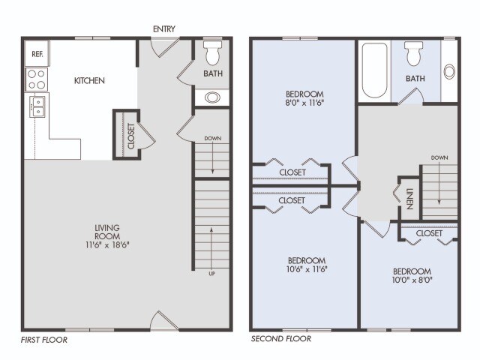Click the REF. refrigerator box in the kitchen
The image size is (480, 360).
pos(35,53)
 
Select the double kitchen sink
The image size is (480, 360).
pos(37,106)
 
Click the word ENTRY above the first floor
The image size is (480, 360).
pos(164,29)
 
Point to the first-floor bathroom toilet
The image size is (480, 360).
pos(211,53)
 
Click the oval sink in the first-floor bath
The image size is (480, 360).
pos(212,97)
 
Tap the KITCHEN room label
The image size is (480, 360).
pos(88,80)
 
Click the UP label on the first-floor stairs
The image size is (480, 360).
pos(211,273)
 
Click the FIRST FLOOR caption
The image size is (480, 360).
pos(44,340)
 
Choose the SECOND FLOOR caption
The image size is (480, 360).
pos(280,339)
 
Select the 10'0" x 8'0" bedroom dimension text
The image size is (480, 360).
pos(412,281)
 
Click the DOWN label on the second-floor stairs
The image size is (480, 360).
pos(439,157)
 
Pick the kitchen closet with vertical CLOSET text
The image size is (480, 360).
pos(131,136)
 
